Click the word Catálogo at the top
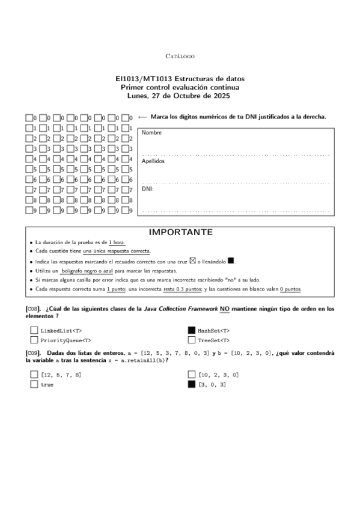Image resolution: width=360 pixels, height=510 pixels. [x=180, y=56]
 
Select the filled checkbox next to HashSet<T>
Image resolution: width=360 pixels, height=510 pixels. [x=192, y=330]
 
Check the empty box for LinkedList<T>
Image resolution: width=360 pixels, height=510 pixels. [x=34, y=330]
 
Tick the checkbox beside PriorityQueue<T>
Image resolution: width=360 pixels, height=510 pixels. [x=34, y=340]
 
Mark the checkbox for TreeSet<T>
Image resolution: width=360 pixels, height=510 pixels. [x=192, y=340]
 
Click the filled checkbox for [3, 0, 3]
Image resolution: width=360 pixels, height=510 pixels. [x=192, y=384]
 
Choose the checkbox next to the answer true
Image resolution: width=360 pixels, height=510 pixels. [x=34, y=384]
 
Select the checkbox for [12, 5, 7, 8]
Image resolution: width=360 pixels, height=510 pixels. [x=34, y=374]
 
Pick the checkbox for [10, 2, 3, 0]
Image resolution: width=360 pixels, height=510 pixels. [x=192, y=374]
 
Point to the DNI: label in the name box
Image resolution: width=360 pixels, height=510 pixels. [x=147, y=188]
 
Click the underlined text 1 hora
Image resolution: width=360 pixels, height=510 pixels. [x=117, y=242]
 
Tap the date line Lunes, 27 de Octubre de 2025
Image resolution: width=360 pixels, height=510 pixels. [x=180, y=96]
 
